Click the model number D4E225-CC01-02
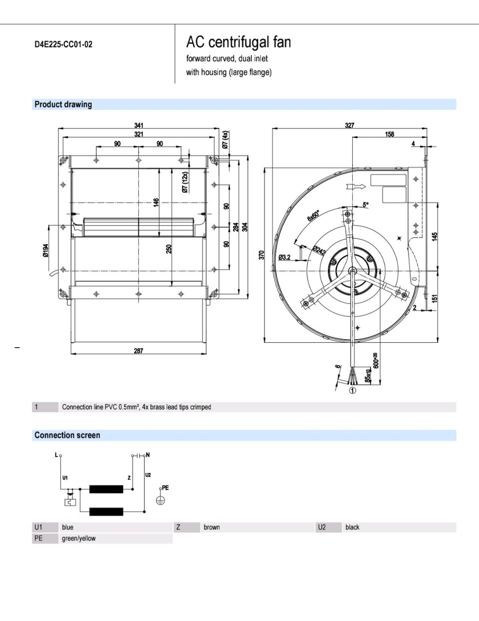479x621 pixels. tap(63, 44)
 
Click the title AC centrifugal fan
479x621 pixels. tap(239, 42)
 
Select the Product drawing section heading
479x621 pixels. tap(63, 104)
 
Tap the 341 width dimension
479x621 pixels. tap(139, 126)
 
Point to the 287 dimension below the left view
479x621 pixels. tap(138, 351)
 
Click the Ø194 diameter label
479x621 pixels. tap(45, 250)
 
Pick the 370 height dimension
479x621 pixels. tap(261, 255)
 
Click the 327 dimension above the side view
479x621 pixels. tap(349, 126)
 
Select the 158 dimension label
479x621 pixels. tap(390, 134)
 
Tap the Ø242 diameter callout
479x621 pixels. tap(319, 251)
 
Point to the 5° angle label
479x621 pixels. tap(365, 205)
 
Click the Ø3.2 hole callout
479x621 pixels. tap(284, 257)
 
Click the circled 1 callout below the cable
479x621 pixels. tap(352, 391)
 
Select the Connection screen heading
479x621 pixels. tap(67, 435)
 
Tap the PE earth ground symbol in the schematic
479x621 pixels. tap(160, 500)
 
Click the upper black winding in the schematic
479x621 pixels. tap(106, 489)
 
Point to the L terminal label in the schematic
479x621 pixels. tap(56, 455)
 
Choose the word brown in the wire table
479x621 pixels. tap(212, 527)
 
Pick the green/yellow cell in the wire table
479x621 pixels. tap(79, 539)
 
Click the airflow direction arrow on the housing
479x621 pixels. tap(355, 187)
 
